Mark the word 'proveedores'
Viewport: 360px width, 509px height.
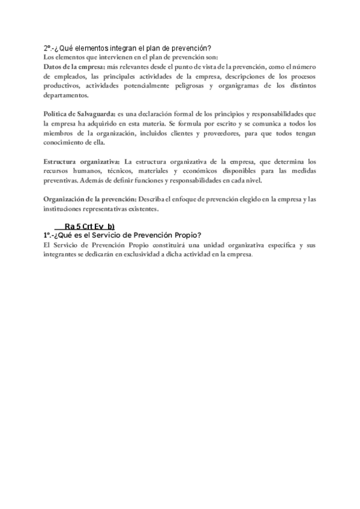[238, 133]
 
